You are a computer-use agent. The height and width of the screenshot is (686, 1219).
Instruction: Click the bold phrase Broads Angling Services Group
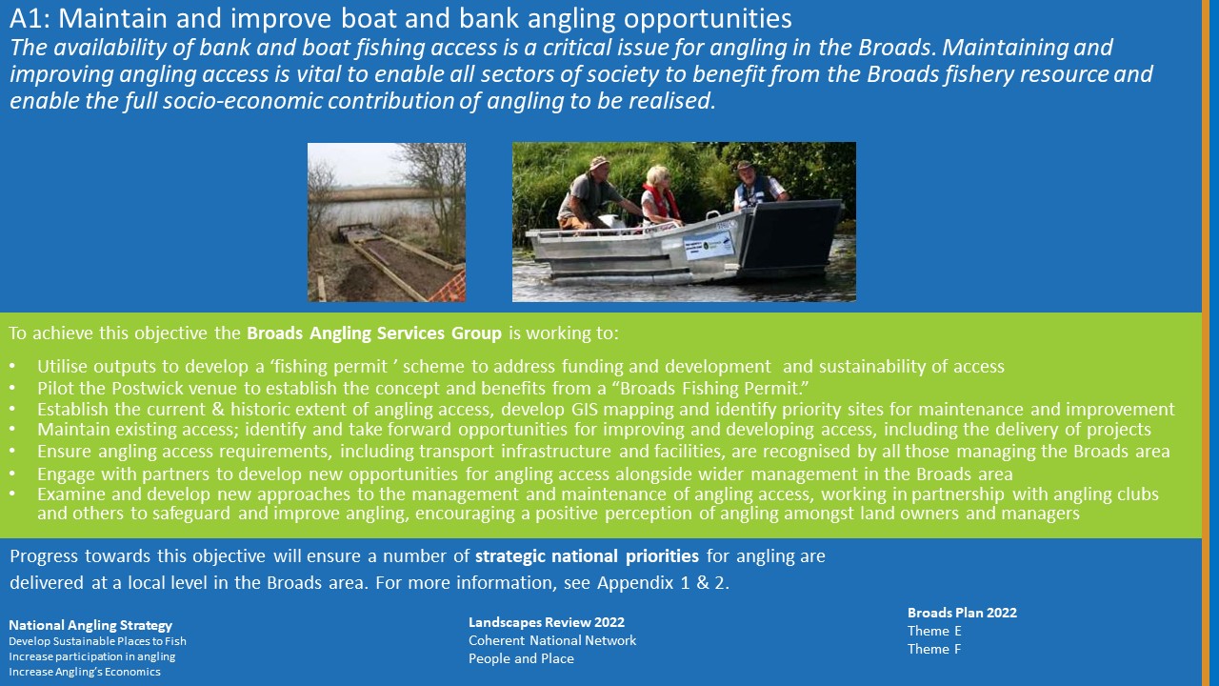point(374,333)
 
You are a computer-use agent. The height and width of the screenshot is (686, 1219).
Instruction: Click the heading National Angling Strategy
point(90,625)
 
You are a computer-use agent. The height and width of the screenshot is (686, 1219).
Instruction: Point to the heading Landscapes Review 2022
point(547,622)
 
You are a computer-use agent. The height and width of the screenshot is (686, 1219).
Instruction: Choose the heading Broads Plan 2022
point(962,613)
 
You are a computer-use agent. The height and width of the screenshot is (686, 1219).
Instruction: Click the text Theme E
point(934,631)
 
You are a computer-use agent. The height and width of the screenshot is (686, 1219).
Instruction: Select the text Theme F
point(934,649)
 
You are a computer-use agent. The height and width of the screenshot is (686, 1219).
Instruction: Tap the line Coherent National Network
point(552,640)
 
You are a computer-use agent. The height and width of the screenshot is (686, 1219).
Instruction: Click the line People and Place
point(521,658)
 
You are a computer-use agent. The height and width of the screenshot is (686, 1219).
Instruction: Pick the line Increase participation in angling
point(92,656)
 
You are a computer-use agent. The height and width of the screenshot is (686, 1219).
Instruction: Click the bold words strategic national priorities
point(587,555)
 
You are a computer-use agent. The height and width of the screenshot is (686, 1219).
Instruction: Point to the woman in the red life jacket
point(659,196)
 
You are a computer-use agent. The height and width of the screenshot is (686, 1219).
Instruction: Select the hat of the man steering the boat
point(599,163)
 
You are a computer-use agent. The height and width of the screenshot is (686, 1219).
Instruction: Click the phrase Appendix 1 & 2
point(663,582)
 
